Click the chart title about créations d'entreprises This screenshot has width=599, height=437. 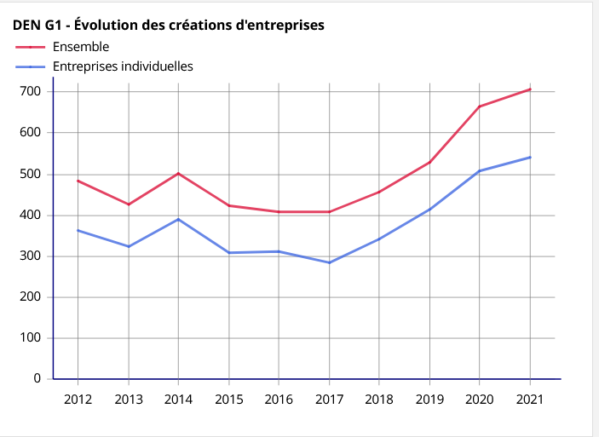169,26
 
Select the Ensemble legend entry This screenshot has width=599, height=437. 81,47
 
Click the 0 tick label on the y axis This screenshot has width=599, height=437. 37,378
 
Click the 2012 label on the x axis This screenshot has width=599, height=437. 78,400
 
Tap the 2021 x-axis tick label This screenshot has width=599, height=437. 530,400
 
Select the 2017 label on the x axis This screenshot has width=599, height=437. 329,400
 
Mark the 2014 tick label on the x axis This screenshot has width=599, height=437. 178,400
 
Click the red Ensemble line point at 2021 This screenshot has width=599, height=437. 530,89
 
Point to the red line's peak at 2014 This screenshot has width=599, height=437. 178,173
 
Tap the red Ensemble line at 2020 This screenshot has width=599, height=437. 480,106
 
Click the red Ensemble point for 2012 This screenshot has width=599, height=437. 78,181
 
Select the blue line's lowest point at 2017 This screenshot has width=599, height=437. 329,262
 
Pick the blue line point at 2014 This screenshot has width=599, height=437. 178,219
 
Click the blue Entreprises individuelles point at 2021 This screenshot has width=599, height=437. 530,157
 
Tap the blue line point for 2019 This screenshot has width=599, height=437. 429,209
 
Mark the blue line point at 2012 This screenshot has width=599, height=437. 78,230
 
